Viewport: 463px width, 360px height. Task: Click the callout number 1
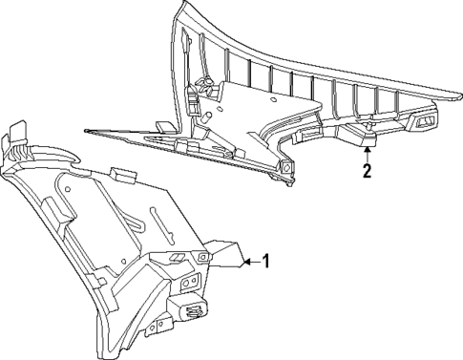(x=267, y=260)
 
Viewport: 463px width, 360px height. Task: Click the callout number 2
(x=365, y=172)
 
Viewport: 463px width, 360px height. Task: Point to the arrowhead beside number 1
(x=244, y=259)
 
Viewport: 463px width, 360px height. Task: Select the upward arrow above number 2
(x=365, y=150)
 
